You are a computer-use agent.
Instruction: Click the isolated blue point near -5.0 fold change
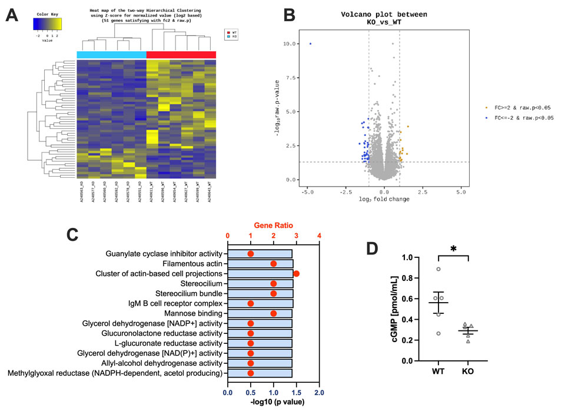(310, 44)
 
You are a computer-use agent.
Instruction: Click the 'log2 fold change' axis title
(384, 199)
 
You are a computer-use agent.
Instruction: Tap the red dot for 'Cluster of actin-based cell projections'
(296, 274)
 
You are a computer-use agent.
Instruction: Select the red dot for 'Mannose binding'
(273, 313)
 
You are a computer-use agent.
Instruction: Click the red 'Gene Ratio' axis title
(274, 226)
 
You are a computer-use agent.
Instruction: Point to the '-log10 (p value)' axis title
(273, 403)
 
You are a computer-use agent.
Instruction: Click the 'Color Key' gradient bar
(47, 24)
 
